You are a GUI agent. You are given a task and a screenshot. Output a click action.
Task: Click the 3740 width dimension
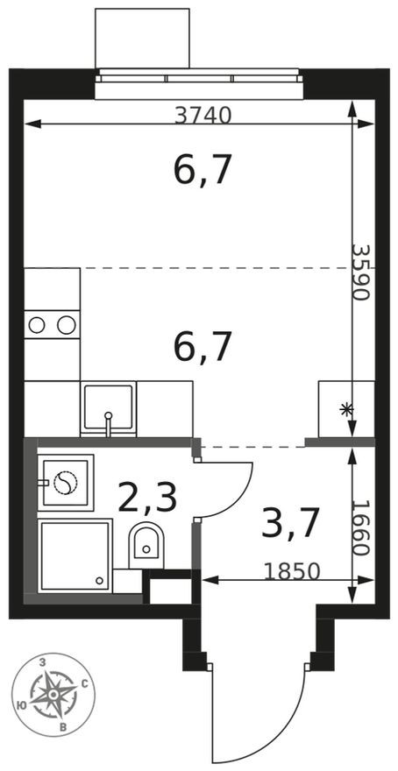203,114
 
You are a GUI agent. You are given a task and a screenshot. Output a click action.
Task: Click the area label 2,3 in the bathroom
147,499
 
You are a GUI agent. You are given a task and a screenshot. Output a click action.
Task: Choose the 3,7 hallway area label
288,523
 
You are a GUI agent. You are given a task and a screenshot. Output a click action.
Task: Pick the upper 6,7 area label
203,171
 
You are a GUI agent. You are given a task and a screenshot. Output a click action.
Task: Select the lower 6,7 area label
203,348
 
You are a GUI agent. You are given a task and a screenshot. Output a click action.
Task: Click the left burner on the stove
37,325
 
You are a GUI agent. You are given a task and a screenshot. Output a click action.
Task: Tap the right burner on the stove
66,325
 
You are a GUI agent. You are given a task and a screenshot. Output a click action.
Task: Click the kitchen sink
109,408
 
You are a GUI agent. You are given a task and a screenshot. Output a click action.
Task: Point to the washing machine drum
66,483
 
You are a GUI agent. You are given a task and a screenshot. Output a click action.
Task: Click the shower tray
75,555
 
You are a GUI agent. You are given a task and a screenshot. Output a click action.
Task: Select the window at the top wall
199,78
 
